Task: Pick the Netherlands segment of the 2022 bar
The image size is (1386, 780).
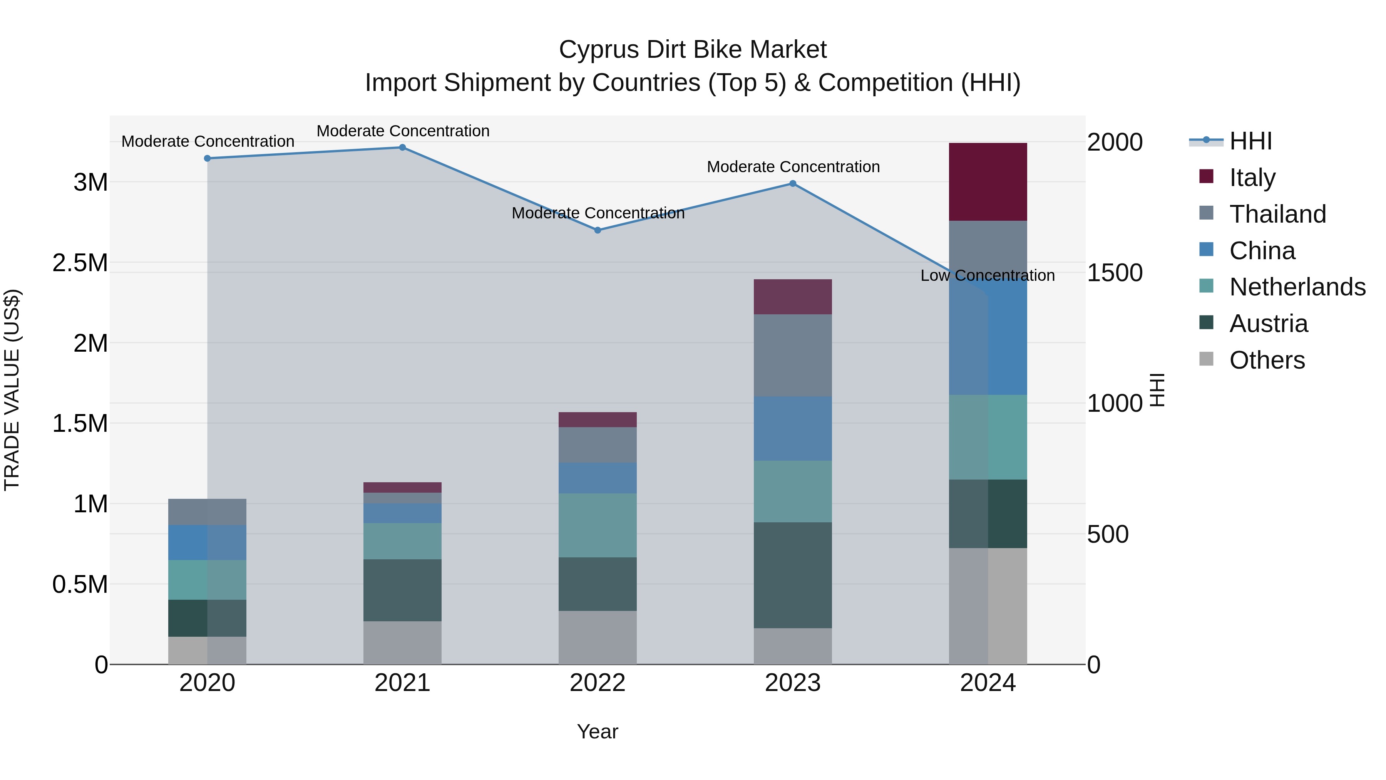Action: coord(597,525)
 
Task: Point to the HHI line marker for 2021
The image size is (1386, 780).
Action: coord(402,148)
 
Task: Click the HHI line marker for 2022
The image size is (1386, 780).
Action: coord(597,230)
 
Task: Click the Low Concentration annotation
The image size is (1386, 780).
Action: coord(987,276)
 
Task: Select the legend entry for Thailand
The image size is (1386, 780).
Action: coord(1277,214)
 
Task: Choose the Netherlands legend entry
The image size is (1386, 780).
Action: coord(1297,287)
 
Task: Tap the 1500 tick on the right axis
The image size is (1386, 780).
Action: coord(1114,273)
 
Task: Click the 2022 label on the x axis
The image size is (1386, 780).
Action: coord(597,683)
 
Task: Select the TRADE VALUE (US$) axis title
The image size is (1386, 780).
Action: coord(12,390)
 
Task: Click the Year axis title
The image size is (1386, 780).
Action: coord(597,731)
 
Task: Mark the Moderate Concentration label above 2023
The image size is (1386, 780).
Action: coord(793,167)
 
